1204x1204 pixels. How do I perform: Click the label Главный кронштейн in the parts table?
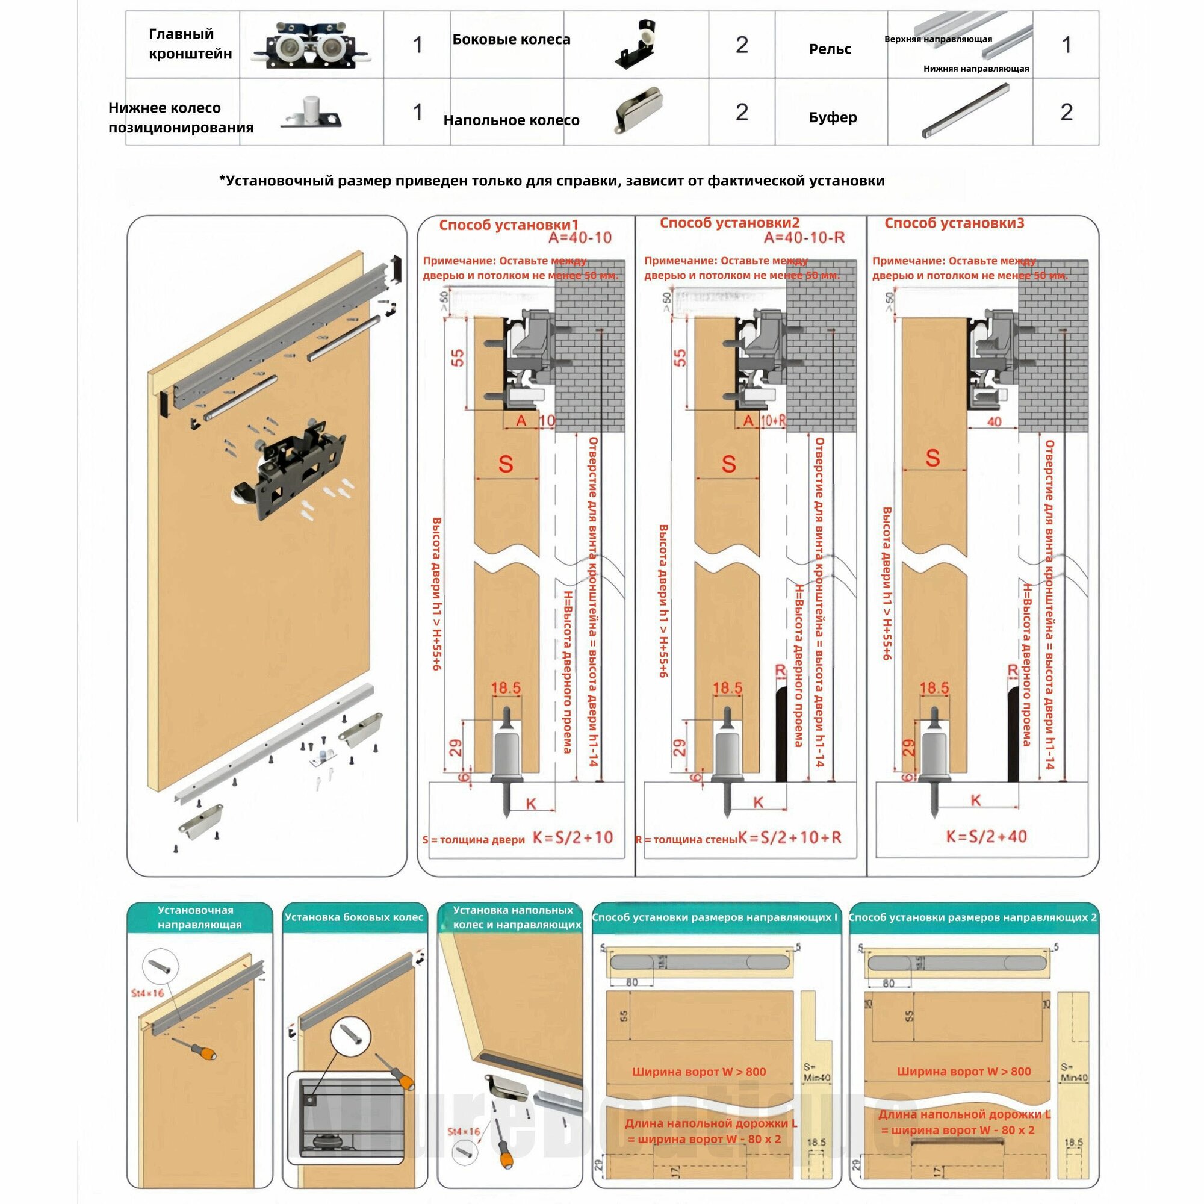coord(190,43)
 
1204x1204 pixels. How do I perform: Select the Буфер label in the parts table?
coord(833,117)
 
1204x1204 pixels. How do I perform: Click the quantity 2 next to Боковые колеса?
coord(742,45)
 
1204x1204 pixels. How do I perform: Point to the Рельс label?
coord(830,49)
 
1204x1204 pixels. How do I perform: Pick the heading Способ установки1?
coord(509,225)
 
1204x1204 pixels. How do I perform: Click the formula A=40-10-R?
coord(804,237)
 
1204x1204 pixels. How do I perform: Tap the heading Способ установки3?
coord(954,223)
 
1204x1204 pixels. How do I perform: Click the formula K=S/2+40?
coord(986,836)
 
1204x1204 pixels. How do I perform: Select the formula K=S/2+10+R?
coord(790,837)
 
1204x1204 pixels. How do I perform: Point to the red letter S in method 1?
coord(506,464)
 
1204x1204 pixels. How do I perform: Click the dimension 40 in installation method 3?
coord(994,422)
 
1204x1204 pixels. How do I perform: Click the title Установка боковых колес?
coord(354,917)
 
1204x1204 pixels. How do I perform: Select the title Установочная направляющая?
coord(199,917)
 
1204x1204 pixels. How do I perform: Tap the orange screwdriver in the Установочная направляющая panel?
coord(198,1048)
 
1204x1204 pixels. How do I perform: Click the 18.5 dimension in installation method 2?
coord(727,688)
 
